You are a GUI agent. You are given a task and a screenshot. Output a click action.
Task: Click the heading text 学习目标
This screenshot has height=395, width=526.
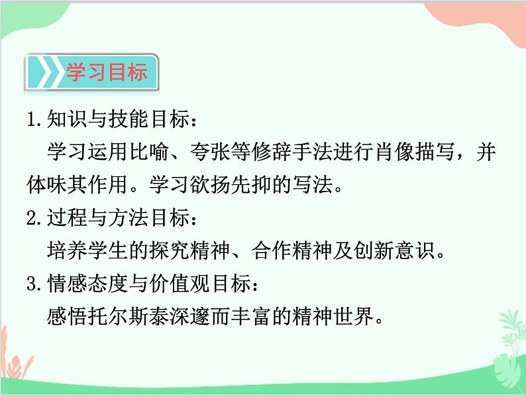[106, 72]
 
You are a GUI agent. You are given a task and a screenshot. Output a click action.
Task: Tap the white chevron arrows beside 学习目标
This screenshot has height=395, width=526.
[45, 72]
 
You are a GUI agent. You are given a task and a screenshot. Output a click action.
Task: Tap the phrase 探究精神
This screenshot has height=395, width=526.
[192, 251]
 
